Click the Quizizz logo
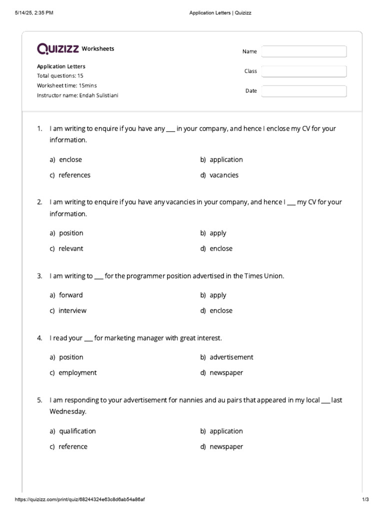click(x=58, y=48)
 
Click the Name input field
click(x=303, y=51)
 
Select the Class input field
click(x=303, y=71)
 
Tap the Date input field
click(x=303, y=91)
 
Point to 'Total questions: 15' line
click(x=60, y=76)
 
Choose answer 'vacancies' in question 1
click(x=224, y=175)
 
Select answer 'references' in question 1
click(x=74, y=175)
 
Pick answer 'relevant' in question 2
click(x=71, y=248)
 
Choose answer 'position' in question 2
click(x=71, y=233)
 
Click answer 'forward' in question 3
click(x=71, y=295)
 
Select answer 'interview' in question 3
click(x=72, y=310)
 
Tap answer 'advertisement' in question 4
click(x=231, y=357)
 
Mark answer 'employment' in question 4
click(x=77, y=372)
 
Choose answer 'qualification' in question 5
click(x=77, y=431)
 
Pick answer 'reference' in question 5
click(x=73, y=446)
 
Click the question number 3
click(x=39, y=276)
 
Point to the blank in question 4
click(x=88, y=339)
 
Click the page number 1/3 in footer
click(x=365, y=499)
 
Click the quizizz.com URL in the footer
click(x=80, y=499)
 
